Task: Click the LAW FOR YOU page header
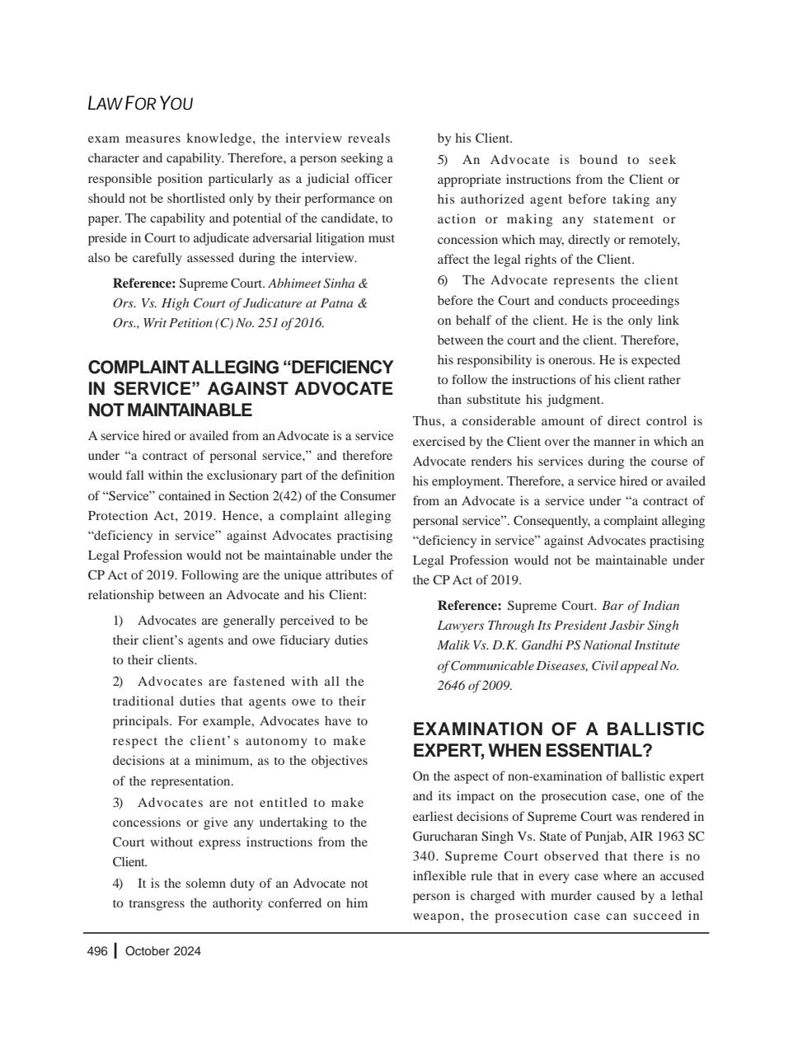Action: click(x=139, y=104)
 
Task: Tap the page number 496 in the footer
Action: click(x=97, y=951)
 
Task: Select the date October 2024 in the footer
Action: click(x=163, y=951)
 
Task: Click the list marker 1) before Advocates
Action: click(x=118, y=621)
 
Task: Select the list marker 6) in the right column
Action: click(x=443, y=281)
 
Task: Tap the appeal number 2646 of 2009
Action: click(x=475, y=686)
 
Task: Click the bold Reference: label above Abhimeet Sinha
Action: click(x=144, y=284)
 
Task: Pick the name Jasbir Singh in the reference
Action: click(x=645, y=626)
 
